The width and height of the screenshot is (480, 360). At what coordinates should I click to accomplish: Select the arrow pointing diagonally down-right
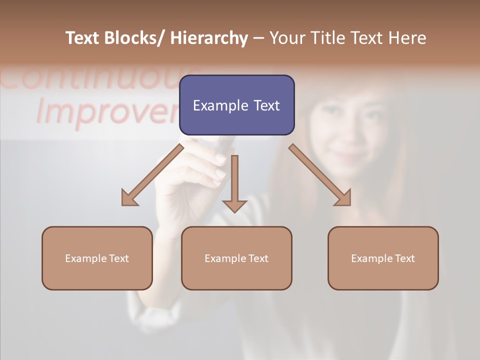[x=320, y=175]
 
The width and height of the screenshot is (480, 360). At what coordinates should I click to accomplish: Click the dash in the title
[x=258, y=38]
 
